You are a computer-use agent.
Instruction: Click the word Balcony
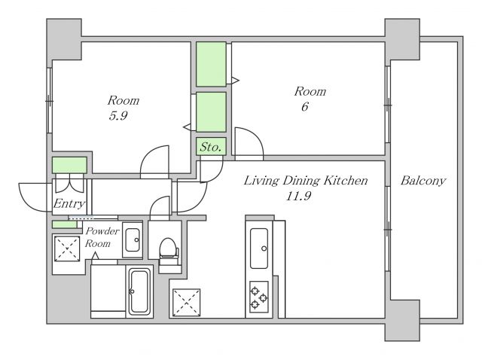pyautogui.click(x=423, y=181)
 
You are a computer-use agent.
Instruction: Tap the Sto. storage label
pyautogui.click(x=211, y=147)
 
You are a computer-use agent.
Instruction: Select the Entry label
pyautogui.click(x=69, y=203)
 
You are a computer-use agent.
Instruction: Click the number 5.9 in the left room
pyautogui.click(x=118, y=116)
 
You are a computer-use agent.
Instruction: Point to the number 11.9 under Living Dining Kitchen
pyautogui.click(x=298, y=196)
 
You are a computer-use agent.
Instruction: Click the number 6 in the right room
pyautogui.click(x=304, y=107)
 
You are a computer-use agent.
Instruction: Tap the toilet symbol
pyautogui.click(x=169, y=249)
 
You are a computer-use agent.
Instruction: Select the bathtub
pyautogui.click(x=139, y=291)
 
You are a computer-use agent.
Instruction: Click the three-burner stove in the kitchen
pyautogui.click(x=259, y=297)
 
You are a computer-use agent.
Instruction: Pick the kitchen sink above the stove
pyautogui.click(x=259, y=248)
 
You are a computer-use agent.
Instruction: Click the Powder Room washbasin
pyautogui.click(x=133, y=239)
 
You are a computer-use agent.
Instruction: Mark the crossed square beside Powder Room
pyautogui.click(x=67, y=249)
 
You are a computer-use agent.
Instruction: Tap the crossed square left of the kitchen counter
pyautogui.click(x=186, y=302)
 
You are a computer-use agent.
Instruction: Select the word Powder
pyautogui.click(x=102, y=231)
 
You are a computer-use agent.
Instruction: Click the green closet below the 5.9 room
pyautogui.click(x=69, y=165)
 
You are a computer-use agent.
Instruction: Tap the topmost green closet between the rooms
pyautogui.click(x=211, y=64)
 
